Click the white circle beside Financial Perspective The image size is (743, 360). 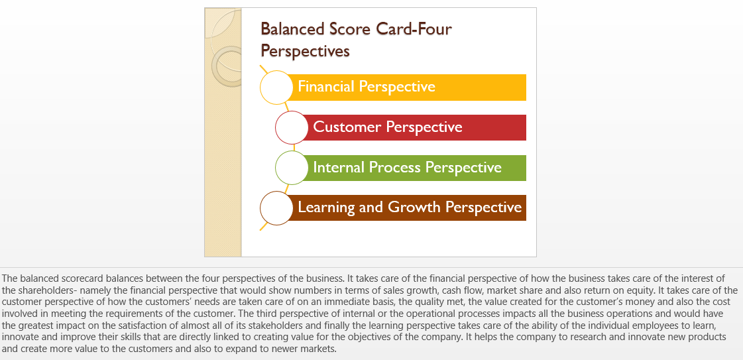(277, 87)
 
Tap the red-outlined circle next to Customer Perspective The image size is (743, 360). (292, 127)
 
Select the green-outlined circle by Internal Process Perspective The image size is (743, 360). (292, 168)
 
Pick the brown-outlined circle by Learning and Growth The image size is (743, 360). (277, 208)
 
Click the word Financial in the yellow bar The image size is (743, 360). (326, 86)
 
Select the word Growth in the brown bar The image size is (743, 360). (415, 207)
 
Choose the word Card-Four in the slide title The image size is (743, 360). (414, 29)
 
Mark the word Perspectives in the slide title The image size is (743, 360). (305, 50)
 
